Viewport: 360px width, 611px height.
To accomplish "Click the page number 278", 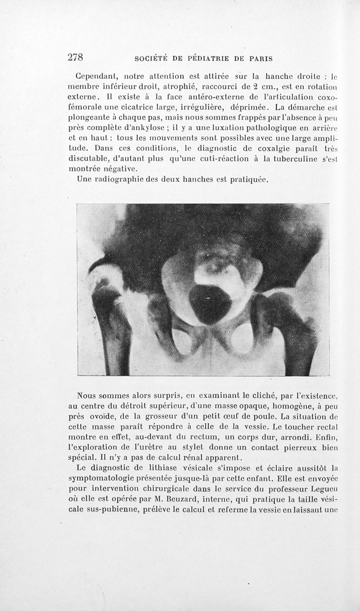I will coord(76,57).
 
